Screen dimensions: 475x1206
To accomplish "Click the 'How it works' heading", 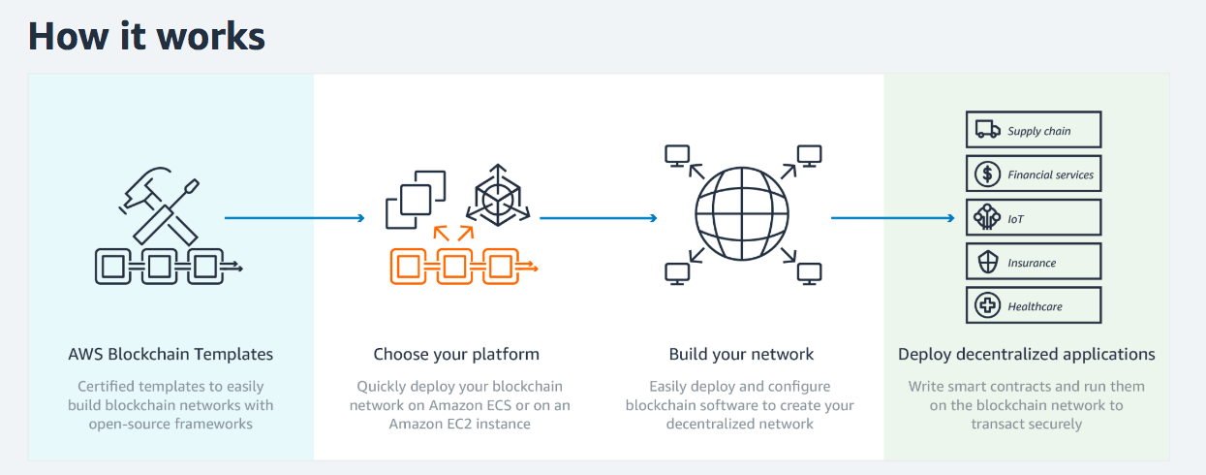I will tap(145, 36).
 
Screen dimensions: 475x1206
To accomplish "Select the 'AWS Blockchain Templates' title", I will tap(170, 354).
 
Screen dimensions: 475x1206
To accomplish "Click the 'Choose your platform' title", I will tap(456, 354).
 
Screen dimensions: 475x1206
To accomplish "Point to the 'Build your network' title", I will tap(741, 354).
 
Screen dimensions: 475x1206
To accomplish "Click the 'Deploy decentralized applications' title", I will tap(1026, 354).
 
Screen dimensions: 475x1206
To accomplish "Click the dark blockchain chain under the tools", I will tap(166, 266).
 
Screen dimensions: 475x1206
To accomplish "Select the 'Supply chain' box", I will tap(1034, 130).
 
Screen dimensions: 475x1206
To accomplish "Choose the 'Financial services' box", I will tap(1034, 174).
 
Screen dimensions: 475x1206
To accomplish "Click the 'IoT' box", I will tap(1034, 218).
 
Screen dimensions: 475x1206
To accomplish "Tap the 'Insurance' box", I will tap(1034, 262).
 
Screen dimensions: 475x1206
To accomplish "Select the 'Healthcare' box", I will tap(1034, 305).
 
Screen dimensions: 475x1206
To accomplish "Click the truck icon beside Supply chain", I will tap(987, 130).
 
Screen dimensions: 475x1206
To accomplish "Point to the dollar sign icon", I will tap(987, 174).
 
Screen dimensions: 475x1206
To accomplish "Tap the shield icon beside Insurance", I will tap(987, 262).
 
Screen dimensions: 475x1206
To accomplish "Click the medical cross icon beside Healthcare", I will tap(987, 305).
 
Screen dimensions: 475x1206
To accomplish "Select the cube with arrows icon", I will tap(498, 198).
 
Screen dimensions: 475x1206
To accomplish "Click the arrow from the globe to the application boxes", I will tap(891, 218).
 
